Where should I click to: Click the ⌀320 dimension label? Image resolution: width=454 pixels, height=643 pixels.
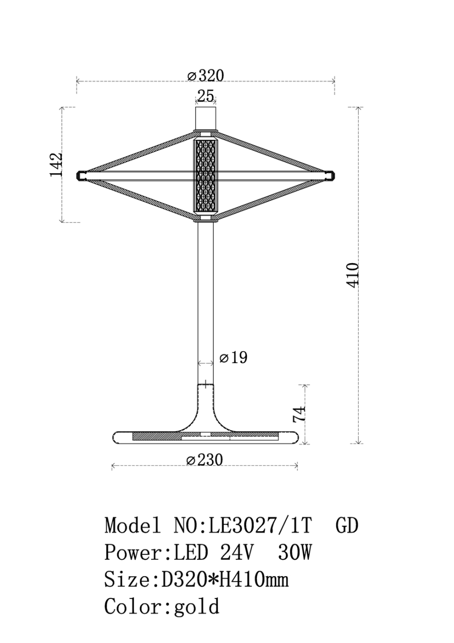coord(206,76)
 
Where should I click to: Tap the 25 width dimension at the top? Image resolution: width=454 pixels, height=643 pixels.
coord(206,96)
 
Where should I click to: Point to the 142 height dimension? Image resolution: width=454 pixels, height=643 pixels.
coord(57,165)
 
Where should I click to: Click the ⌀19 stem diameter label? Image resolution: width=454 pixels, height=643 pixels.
coord(233,358)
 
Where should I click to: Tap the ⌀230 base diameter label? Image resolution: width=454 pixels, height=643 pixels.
coord(205,460)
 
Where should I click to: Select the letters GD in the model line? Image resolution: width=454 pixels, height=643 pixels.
coord(347,525)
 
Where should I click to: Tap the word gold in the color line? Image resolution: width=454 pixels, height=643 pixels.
coord(197,606)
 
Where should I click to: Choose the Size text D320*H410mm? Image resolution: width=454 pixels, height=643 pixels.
coord(225,579)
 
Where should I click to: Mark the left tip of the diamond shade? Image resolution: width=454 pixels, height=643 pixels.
coord(80,175)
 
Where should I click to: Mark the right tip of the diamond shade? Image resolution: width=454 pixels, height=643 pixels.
coord(332,175)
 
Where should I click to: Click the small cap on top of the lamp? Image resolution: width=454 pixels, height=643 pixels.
coord(206,118)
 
